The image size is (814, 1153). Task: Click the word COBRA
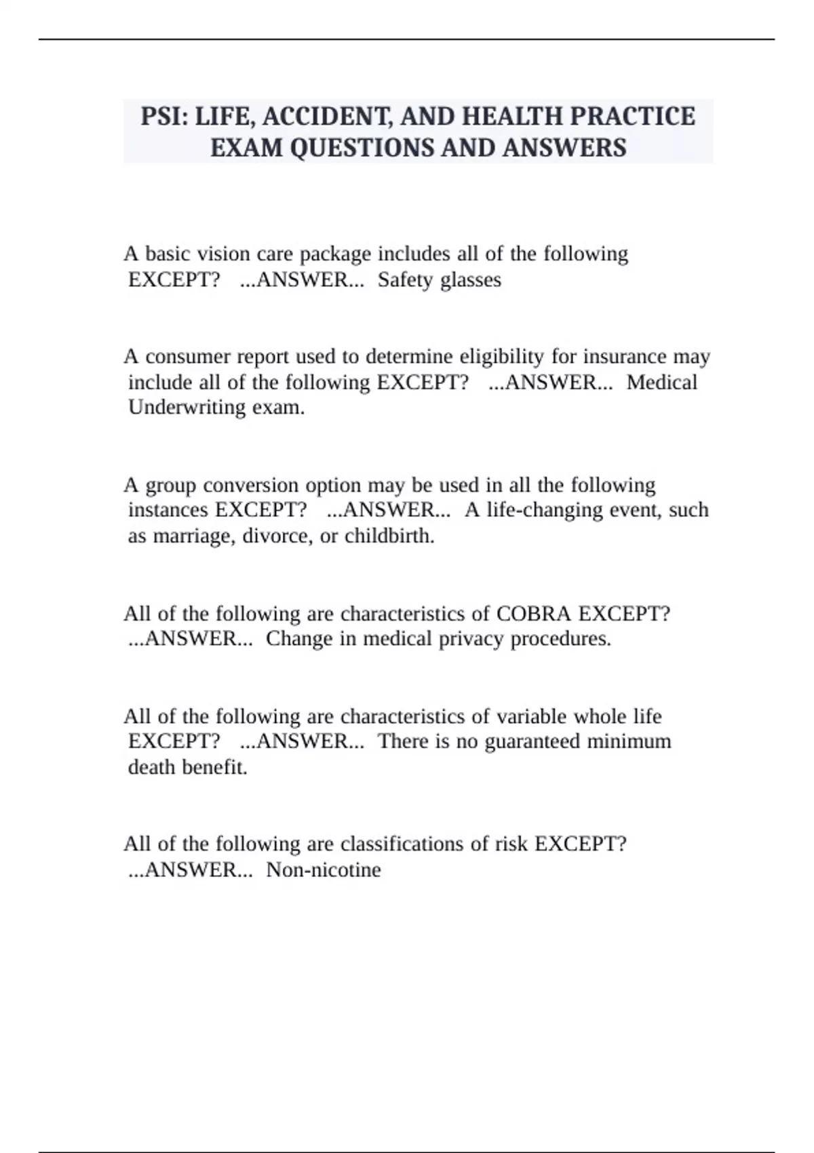coord(533,614)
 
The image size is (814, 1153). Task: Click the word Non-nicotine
coord(323,869)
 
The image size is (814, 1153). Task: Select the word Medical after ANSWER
coord(661,383)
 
